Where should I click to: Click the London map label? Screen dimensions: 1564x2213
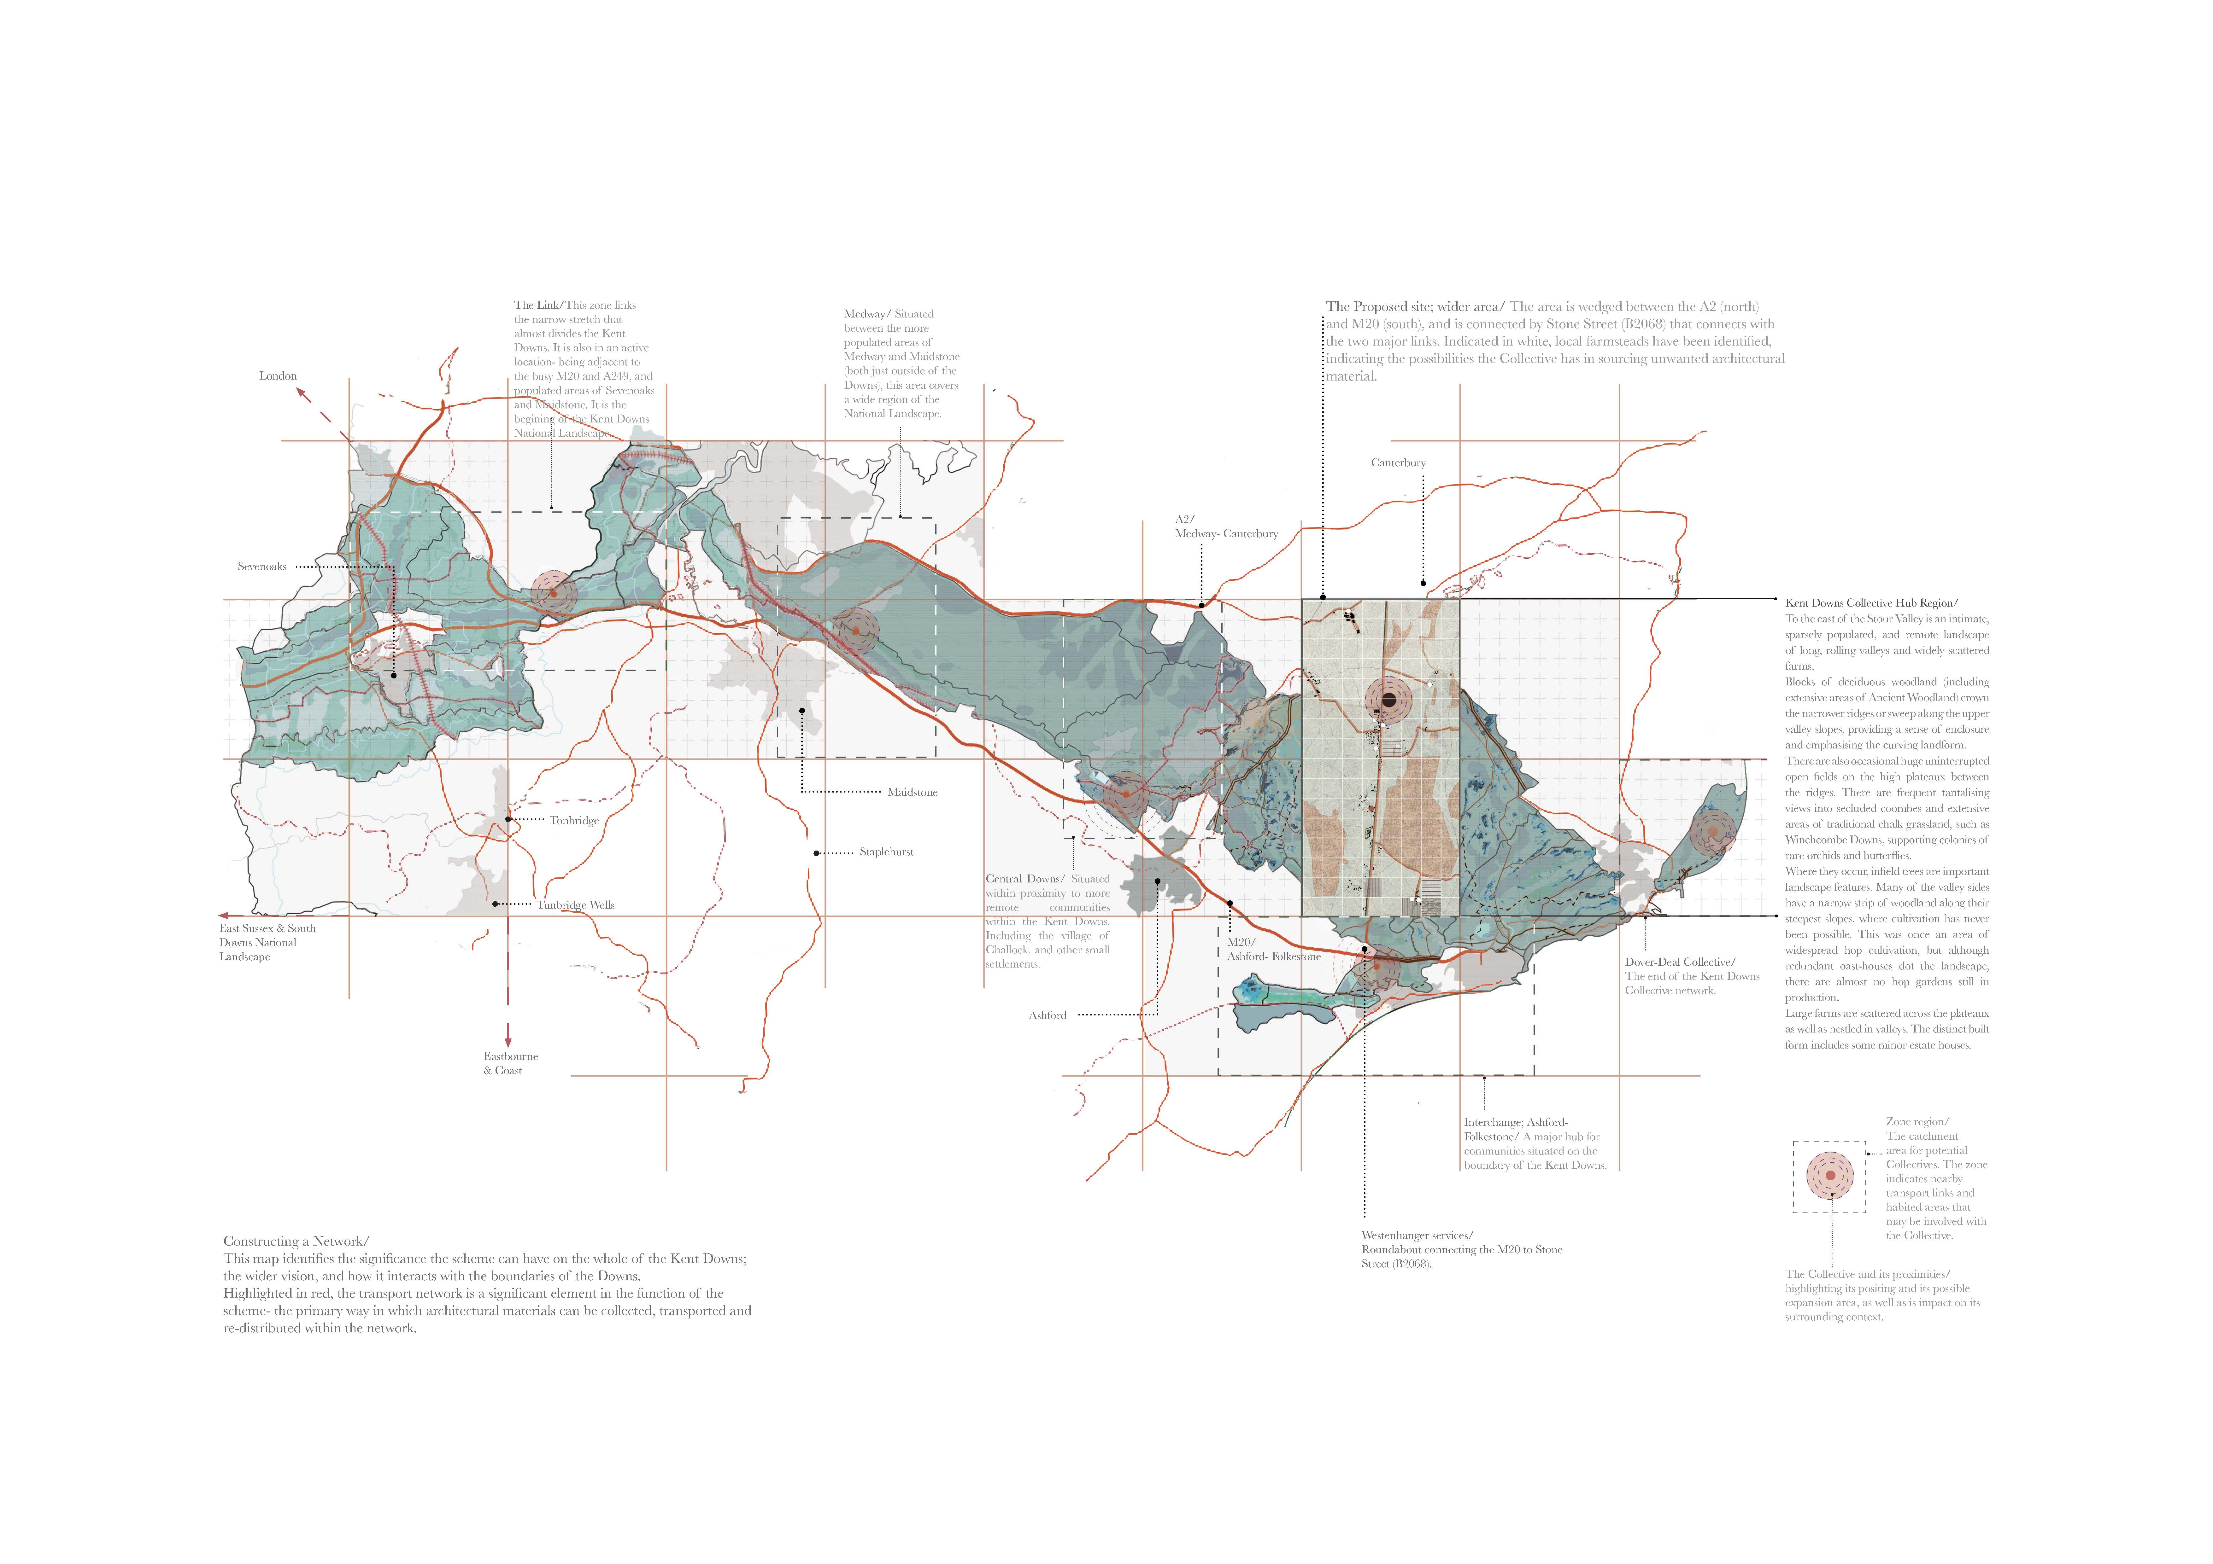coord(278,376)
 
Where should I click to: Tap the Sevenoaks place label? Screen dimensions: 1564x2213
coord(262,567)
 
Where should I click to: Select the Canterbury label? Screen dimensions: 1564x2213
coord(1398,462)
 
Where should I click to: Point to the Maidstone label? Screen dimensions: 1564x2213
coord(912,792)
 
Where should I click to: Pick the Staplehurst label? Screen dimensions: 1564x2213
coord(886,852)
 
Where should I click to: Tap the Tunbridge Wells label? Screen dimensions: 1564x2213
coord(575,905)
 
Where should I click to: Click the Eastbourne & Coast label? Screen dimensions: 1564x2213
coord(510,1063)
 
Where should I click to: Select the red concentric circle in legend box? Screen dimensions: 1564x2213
coord(1829,1176)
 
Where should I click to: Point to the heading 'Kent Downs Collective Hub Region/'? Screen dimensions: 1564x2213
coord(1871,603)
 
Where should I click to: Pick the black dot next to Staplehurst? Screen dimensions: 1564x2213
coord(816,853)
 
